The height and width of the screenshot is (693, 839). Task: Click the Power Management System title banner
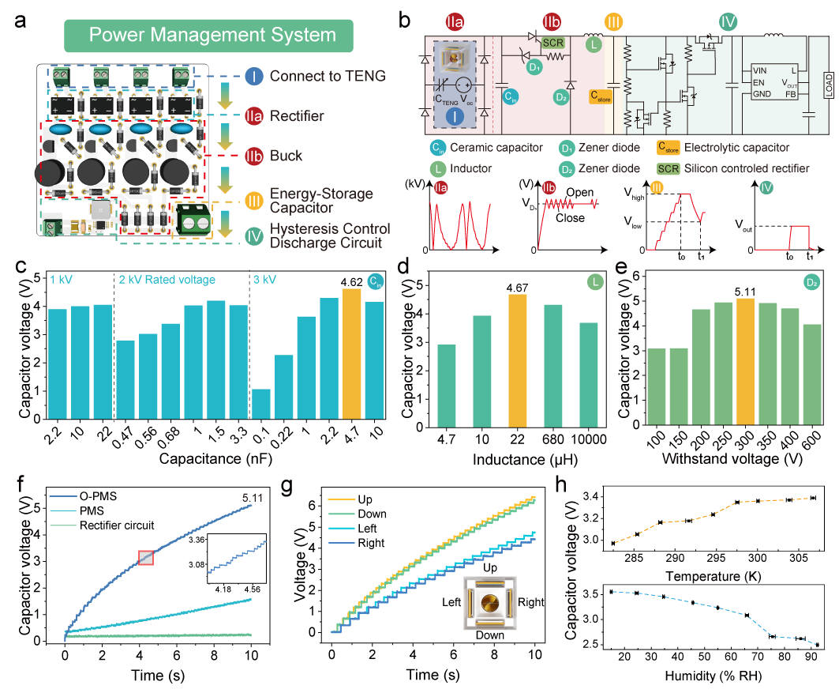tap(212, 36)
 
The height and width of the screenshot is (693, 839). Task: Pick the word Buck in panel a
tap(286, 156)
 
